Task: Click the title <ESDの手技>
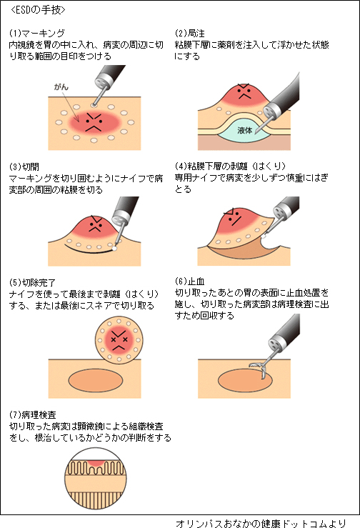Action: point(38,10)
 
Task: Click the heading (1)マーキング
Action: point(36,34)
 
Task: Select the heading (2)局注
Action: point(189,34)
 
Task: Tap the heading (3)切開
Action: point(24,166)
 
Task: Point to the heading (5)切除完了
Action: point(32,282)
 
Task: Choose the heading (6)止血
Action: point(189,282)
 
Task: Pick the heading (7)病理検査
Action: point(32,414)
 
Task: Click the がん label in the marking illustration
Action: point(61,87)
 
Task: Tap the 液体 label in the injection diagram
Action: point(244,130)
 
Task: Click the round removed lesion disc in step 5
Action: point(119,340)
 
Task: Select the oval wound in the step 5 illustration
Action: point(96,381)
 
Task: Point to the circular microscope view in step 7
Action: point(95,478)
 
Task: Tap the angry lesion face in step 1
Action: point(94,122)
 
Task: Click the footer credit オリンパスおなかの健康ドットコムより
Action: point(261,523)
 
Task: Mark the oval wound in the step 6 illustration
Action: point(245,381)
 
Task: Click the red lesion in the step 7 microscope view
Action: point(96,464)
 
